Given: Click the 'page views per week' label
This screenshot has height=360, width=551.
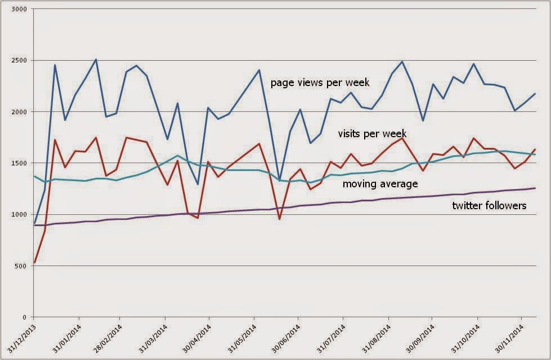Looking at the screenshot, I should click(x=320, y=83).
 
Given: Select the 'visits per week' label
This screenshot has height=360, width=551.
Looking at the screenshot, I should click(x=372, y=134).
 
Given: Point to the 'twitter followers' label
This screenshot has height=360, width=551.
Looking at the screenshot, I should click(x=489, y=206).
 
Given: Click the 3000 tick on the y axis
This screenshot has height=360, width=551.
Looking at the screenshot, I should click(x=20, y=10).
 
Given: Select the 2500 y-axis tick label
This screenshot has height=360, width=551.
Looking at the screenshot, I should click(x=20, y=61).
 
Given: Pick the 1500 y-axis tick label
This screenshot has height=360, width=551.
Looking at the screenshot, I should click(x=20, y=163).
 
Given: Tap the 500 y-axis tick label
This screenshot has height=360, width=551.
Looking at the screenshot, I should click(x=23, y=266).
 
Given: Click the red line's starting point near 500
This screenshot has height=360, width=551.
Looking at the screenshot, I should click(x=35, y=263).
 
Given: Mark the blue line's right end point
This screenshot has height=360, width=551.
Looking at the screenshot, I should click(x=535, y=94).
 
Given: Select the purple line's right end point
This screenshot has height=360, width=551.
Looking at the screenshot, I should click(x=535, y=188).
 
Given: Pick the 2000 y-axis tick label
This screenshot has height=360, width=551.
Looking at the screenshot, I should click(x=20, y=112).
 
